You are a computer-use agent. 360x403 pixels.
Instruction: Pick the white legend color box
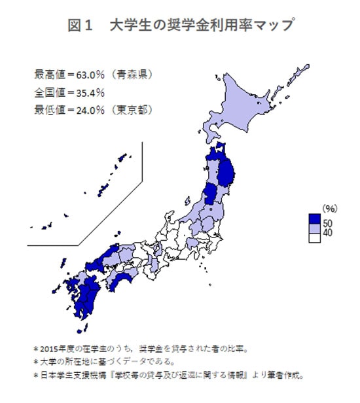tap(314, 238)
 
